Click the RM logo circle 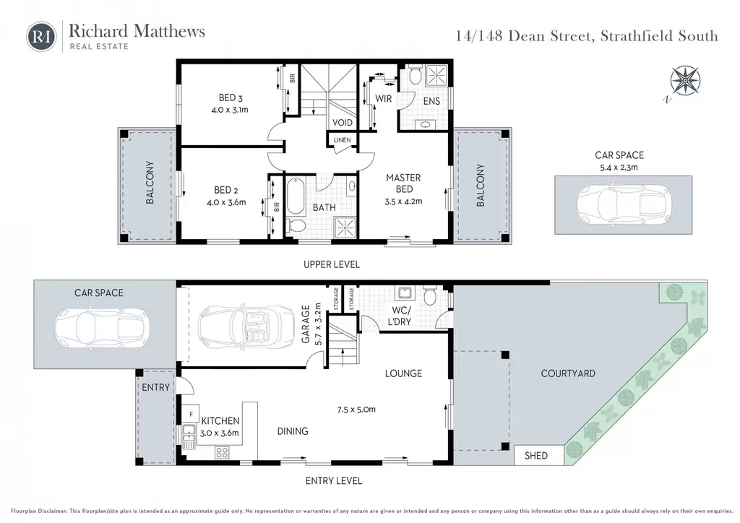coord(41,36)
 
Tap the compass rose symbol coord(685,80)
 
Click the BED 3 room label coord(231,98)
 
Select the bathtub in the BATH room coord(296,196)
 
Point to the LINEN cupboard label coord(342,140)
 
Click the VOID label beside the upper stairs coord(342,123)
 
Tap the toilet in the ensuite coord(416,75)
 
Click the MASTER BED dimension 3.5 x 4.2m coord(403,202)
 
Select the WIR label coord(383,98)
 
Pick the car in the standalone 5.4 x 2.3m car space coord(624,205)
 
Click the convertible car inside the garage coord(247,325)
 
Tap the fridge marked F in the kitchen coord(191,414)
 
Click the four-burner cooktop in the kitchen coord(222,453)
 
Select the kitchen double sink coord(189,437)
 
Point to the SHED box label coord(536,456)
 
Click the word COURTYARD coord(568,373)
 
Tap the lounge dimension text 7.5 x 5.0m coord(356,410)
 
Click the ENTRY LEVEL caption coord(334,481)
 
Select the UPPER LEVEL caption coord(331,264)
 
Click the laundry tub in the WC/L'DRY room coord(405,293)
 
